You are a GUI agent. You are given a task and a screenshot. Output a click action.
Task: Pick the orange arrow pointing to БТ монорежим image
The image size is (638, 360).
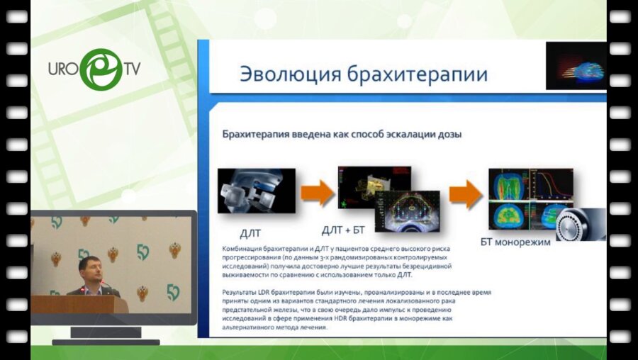pos(464,194)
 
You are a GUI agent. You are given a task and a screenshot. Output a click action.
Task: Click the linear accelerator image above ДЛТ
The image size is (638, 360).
pos(256,191)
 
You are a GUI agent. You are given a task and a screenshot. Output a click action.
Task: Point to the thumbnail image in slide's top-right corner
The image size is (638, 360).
pos(576,66)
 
